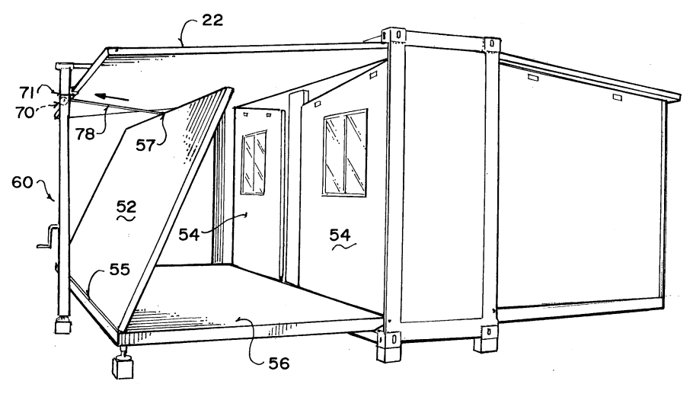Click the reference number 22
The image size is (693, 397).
[x=212, y=20]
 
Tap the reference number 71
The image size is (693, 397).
[x=27, y=92]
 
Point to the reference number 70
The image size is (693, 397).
[x=24, y=113]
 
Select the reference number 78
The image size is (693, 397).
[x=85, y=133]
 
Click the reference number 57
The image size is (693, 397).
[x=145, y=145]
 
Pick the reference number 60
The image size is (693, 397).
[x=22, y=181]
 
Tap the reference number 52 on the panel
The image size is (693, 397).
[x=126, y=207]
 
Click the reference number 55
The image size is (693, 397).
[x=120, y=269]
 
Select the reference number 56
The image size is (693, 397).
[x=279, y=363]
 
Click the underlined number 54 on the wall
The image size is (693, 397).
[x=340, y=235]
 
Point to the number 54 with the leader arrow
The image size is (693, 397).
[x=189, y=234]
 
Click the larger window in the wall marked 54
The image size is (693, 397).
[x=345, y=152]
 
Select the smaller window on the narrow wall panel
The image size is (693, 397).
[x=254, y=162]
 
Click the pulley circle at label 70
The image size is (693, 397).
[x=64, y=101]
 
